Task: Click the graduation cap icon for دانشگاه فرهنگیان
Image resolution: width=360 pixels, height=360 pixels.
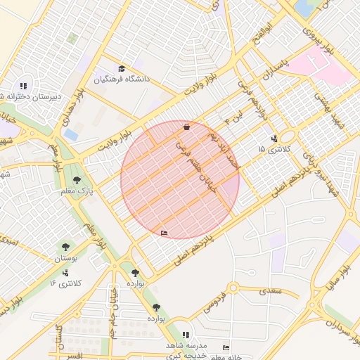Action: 122,68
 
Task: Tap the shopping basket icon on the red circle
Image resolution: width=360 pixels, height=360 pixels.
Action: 186,127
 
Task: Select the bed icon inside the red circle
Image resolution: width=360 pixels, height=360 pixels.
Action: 165,233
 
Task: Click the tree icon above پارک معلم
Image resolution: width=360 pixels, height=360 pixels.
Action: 77,179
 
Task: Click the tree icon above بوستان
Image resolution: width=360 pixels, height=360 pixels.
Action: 65,247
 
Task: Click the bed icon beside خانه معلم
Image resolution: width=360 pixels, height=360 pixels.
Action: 226,347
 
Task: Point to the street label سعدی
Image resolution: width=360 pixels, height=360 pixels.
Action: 269,290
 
